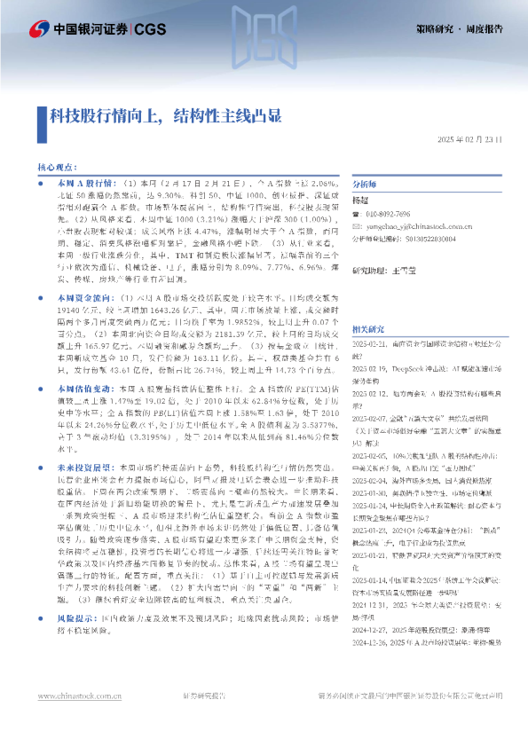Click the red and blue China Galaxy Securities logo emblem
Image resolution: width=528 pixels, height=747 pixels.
coord(37,29)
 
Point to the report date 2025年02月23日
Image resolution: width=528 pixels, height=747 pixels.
coord(470,139)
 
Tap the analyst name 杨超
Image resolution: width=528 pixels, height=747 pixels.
coord(360,201)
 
